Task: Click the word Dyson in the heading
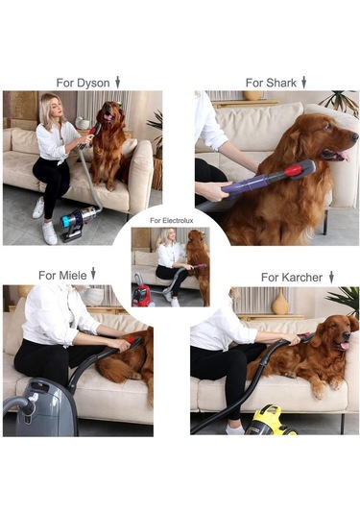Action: pyautogui.click(x=93, y=84)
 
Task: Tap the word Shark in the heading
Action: pyautogui.click(x=281, y=83)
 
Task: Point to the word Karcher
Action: pyautogui.click(x=300, y=278)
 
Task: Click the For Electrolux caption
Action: pyautogui.click(x=172, y=221)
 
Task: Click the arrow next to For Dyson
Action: pyautogui.click(x=117, y=83)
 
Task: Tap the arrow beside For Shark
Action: pyautogui.click(x=303, y=83)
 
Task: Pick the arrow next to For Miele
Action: pyautogui.click(x=93, y=274)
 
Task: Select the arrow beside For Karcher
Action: pyautogui.click(x=331, y=277)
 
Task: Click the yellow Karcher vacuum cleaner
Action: pyautogui.click(x=269, y=421)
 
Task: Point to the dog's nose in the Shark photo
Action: pyautogui.click(x=354, y=136)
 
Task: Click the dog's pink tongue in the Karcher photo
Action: pyautogui.click(x=345, y=346)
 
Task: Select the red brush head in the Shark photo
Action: pyautogui.click(x=293, y=170)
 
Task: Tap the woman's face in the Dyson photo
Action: pyautogui.click(x=58, y=108)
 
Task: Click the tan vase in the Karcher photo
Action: pyautogui.click(x=280, y=304)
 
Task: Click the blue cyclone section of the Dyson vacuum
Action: pyautogui.click(x=66, y=221)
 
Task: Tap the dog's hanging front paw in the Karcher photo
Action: pyautogui.click(x=318, y=390)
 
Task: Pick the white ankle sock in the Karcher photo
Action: pyautogui.click(x=235, y=428)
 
